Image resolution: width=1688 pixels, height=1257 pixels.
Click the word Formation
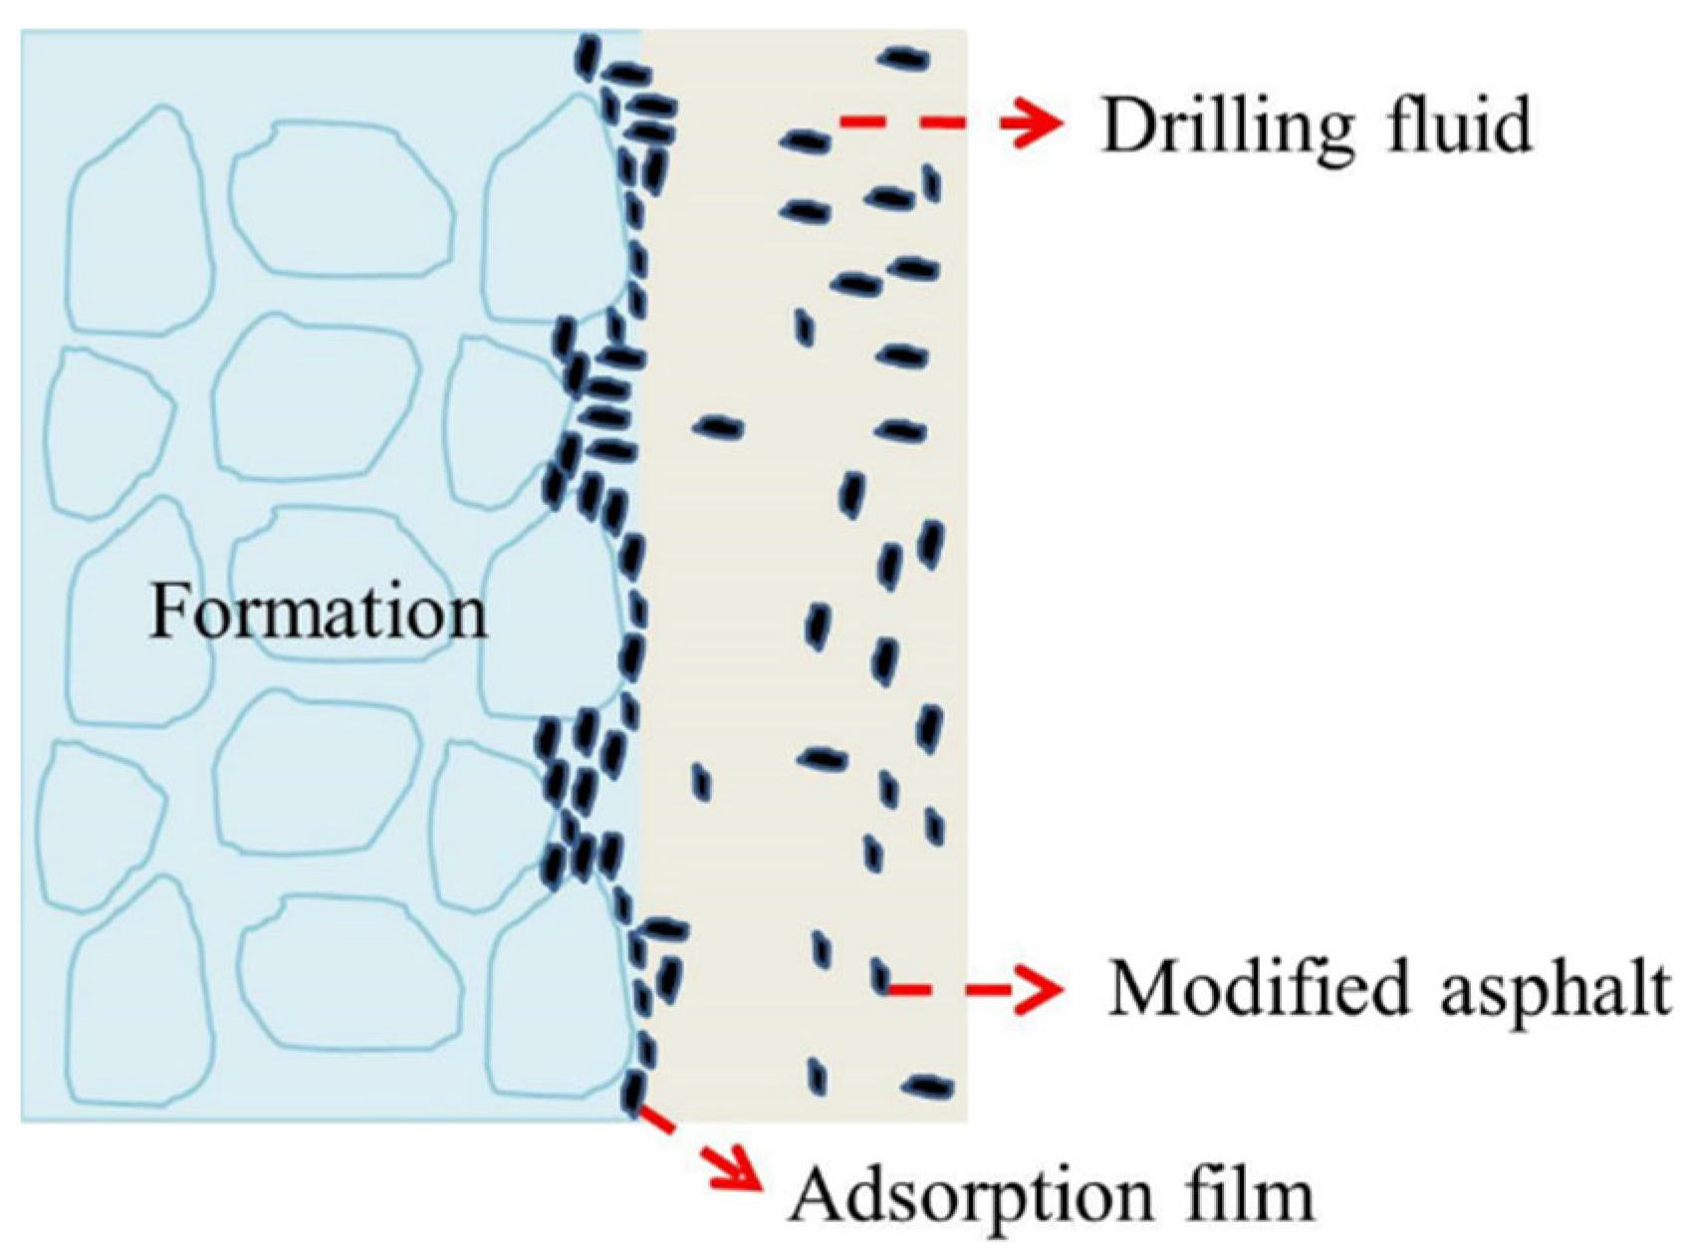(x=319, y=612)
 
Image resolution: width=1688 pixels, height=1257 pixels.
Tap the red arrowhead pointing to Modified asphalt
(x=1036, y=989)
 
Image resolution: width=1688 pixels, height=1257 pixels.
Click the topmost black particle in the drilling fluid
(x=903, y=59)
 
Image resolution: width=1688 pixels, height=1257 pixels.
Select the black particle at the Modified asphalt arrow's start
(x=879, y=973)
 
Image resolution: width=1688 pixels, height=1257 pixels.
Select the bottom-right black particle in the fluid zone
(x=926, y=1086)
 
